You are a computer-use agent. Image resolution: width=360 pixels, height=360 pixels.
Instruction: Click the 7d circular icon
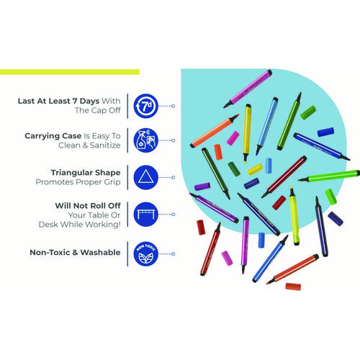145,106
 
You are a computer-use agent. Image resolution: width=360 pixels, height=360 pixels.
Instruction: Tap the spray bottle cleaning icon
145,140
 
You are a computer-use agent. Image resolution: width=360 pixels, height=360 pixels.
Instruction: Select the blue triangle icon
145,177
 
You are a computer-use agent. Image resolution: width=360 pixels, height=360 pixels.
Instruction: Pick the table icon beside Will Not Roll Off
145,214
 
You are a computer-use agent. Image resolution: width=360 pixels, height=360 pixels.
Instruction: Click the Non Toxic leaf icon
145,254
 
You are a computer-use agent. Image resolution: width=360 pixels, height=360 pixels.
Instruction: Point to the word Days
89,102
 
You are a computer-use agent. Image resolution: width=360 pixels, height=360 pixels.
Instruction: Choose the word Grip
112,182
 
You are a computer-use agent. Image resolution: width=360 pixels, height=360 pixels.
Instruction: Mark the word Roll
95,206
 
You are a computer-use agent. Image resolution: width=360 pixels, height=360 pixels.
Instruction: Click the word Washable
100,253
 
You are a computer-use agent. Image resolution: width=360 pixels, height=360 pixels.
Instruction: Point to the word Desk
48,225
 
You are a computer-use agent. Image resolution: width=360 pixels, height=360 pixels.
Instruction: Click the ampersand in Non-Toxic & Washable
75,253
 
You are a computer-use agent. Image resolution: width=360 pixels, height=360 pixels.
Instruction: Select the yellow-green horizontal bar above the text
70,72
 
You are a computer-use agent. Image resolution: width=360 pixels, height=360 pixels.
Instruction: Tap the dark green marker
216,174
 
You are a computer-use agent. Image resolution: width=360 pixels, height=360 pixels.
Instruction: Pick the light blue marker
266,126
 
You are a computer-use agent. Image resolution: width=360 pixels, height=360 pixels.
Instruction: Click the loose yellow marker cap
255,169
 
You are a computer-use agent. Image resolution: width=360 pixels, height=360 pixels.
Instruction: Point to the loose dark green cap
234,168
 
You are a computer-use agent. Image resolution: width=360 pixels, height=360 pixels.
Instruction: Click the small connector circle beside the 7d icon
173,106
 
